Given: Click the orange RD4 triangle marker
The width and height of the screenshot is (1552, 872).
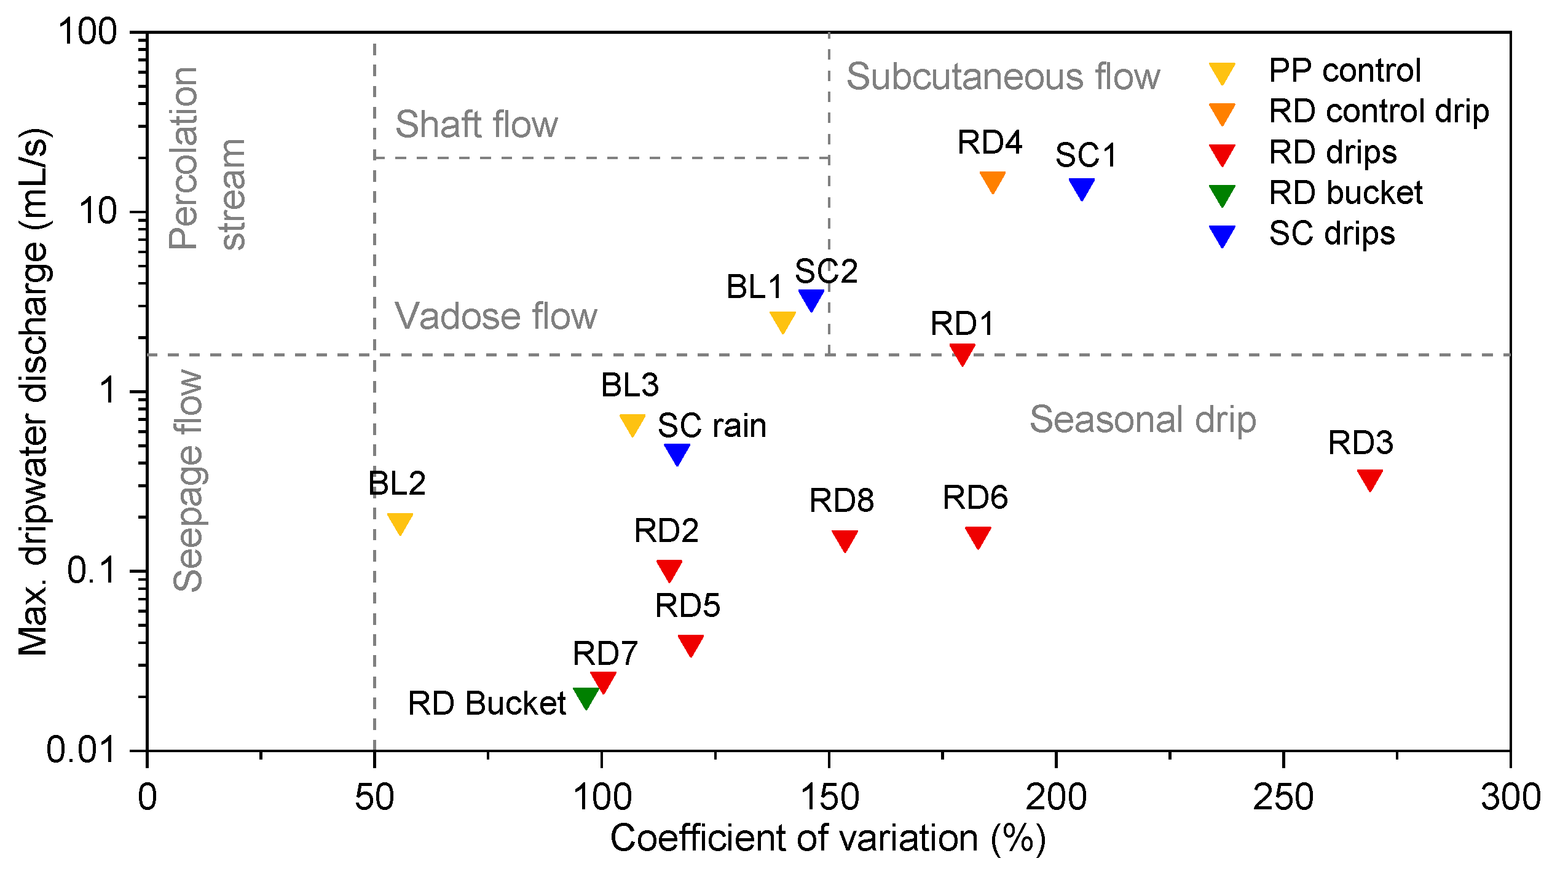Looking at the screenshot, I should (992, 181).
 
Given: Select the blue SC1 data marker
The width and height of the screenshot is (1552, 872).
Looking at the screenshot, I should (1081, 187).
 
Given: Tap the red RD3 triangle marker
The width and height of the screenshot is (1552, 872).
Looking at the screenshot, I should (1370, 478).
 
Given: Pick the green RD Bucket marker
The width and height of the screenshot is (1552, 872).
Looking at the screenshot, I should (586, 696).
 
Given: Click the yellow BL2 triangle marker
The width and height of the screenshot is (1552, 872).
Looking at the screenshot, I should (400, 522).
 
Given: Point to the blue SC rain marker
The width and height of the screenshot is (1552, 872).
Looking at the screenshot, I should (677, 453).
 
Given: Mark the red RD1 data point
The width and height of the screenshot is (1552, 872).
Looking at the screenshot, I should (962, 353).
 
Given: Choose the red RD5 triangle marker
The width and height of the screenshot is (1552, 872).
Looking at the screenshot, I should (691, 644).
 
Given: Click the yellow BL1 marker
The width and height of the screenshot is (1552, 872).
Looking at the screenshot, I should (782, 321).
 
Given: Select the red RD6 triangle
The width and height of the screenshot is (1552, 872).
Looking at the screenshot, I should (978, 536).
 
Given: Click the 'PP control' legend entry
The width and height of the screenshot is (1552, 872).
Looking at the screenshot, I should (1344, 71).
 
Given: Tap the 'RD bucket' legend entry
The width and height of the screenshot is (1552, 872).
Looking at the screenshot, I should (1345, 193).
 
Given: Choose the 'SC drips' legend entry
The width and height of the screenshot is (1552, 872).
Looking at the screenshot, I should (1331, 234).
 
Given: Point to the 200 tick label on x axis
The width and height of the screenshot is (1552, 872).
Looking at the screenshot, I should (1056, 797).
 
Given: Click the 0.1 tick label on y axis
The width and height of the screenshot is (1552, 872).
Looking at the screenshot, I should (92, 571).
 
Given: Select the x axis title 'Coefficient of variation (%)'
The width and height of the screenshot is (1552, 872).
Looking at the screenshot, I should (827, 839).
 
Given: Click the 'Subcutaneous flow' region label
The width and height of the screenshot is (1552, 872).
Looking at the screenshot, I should (1003, 77).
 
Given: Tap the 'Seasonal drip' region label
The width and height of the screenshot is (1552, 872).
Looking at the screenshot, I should (1143, 420).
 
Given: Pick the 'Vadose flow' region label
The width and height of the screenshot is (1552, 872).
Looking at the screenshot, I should (495, 316).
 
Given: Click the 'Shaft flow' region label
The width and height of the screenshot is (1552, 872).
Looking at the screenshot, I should (476, 124).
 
